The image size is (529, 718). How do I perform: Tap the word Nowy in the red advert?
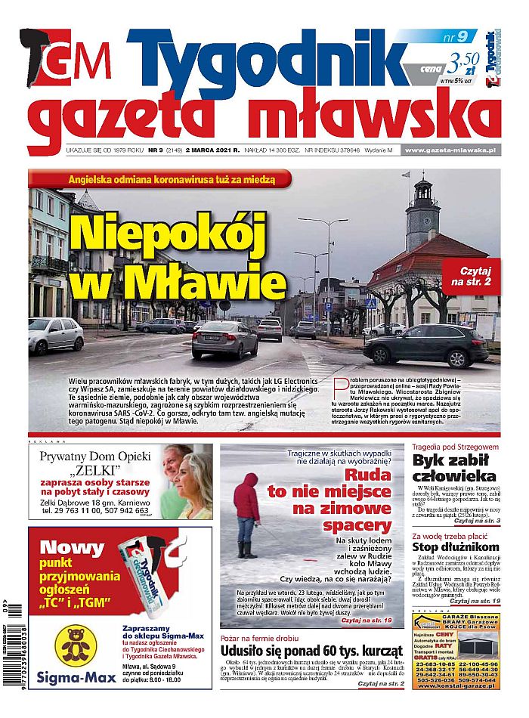coord(72,547)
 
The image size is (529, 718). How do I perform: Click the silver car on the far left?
coord(56,334)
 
